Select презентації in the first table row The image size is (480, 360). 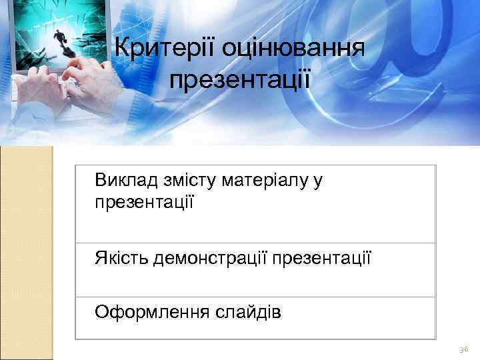144,200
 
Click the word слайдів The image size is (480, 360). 248,312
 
